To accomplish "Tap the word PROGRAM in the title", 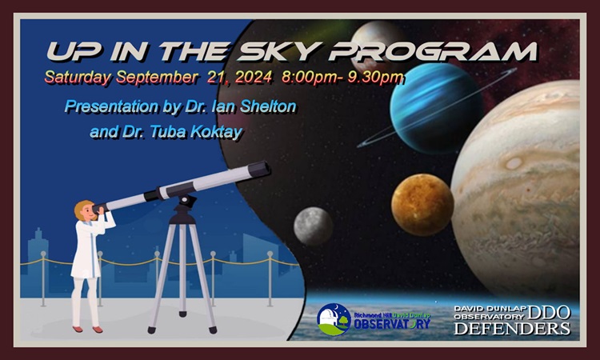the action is click(x=433, y=51).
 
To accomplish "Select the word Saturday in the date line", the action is click(x=78, y=78).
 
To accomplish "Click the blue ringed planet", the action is click(x=436, y=108).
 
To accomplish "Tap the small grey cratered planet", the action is click(x=313, y=226).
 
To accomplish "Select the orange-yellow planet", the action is click(x=422, y=205).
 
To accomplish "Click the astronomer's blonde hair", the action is click(x=82, y=209).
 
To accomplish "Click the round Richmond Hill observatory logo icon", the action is click(x=334, y=319).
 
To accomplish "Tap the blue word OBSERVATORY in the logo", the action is click(x=392, y=324).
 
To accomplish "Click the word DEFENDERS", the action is click(x=512, y=329).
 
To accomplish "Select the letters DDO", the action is click(x=549, y=313).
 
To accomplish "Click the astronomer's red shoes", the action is click(x=88, y=329).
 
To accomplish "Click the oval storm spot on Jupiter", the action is click(x=514, y=163).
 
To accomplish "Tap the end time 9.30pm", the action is click(x=375, y=78).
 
